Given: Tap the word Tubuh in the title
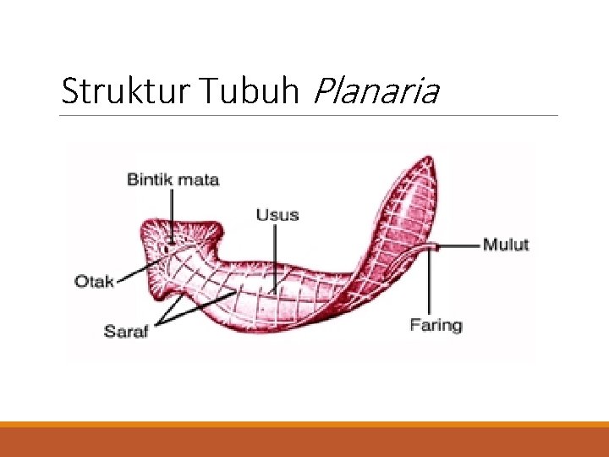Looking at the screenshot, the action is click(x=252, y=91).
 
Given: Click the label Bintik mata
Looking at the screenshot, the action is click(x=173, y=179).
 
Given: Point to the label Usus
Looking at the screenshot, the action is click(x=277, y=214).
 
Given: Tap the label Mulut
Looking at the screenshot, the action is click(x=506, y=245).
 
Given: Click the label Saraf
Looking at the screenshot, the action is click(x=126, y=331).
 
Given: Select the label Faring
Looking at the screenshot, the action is click(x=436, y=325).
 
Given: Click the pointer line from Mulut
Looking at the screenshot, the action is click(x=460, y=246).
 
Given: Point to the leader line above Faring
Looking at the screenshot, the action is click(x=430, y=284).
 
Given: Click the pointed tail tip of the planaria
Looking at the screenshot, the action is click(x=430, y=160).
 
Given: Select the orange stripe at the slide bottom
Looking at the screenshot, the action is click(x=304, y=424).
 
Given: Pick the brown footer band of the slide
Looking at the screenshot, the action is click(x=304, y=443).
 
